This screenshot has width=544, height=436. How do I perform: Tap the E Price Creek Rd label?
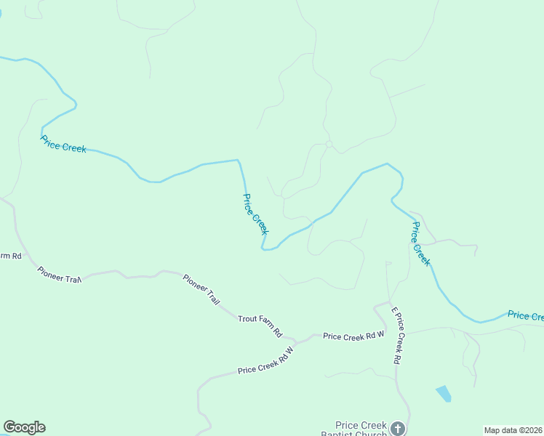[397, 335]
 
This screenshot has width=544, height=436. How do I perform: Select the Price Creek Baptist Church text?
[361, 429]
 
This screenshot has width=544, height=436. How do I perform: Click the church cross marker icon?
[397, 428]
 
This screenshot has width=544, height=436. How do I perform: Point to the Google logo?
[24, 427]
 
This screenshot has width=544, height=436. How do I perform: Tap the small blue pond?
[443, 394]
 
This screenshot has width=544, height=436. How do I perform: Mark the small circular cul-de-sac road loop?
[329, 145]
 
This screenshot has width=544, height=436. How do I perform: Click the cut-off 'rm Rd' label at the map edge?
[10, 256]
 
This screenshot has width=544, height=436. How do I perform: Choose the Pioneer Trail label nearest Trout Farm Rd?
[201, 289]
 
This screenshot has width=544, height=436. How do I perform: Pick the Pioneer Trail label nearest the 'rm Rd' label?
[59, 275]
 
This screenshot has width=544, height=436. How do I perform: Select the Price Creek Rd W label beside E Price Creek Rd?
[353, 336]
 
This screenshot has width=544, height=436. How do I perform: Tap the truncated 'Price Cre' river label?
[525, 315]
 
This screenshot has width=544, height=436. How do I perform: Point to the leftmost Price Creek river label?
[63, 144]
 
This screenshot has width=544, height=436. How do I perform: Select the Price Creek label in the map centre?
[255, 214]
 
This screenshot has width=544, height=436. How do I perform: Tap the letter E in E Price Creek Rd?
[393, 310]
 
